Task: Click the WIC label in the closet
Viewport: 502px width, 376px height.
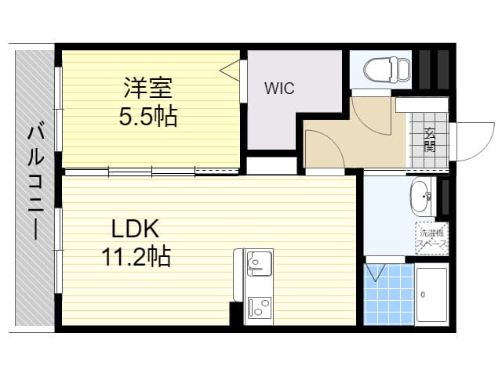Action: (279, 88)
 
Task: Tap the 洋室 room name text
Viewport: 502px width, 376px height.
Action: (148, 88)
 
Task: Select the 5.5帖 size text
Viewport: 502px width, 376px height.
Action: (148, 117)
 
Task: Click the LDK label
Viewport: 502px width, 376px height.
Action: (135, 228)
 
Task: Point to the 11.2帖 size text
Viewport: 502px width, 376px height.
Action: (136, 256)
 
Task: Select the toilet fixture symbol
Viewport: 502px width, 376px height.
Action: (387, 70)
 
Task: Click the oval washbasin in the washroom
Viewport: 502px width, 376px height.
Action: (420, 196)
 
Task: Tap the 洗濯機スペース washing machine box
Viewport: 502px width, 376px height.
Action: (432, 238)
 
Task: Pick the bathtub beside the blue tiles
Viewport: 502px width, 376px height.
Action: (431, 295)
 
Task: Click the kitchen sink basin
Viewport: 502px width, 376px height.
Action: (259, 264)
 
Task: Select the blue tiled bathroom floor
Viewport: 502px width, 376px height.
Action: (389, 295)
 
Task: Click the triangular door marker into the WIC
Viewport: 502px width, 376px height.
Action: (230, 70)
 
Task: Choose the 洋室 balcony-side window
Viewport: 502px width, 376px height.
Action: (58, 109)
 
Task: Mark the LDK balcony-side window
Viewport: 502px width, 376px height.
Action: (58, 251)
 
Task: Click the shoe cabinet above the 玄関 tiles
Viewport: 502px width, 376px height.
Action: (422, 104)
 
